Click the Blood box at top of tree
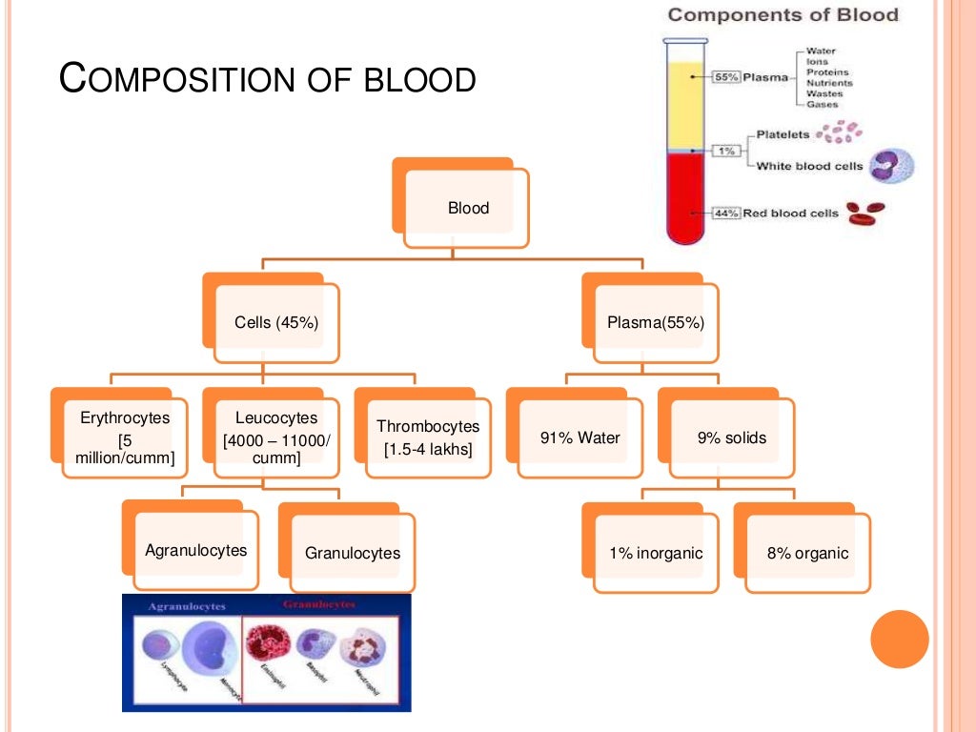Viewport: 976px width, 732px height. tap(467, 208)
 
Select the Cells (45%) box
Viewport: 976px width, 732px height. tap(276, 323)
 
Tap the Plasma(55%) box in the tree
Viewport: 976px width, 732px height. tap(655, 323)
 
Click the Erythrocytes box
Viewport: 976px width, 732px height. tap(125, 437)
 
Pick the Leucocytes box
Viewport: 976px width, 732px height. tap(276, 437)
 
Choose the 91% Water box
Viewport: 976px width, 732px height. tap(579, 437)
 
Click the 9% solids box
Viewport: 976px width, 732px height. tap(731, 437)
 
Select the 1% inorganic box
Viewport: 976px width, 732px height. tap(656, 553)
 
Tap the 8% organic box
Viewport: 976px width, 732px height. tap(807, 553)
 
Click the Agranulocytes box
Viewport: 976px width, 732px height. tap(195, 551)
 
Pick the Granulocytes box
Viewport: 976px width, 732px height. tap(352, 553)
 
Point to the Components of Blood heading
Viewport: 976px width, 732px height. tap(783, 14)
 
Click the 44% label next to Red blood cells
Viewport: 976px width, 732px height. tap(727, 213)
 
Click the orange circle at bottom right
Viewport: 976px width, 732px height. tap(900, 639)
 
